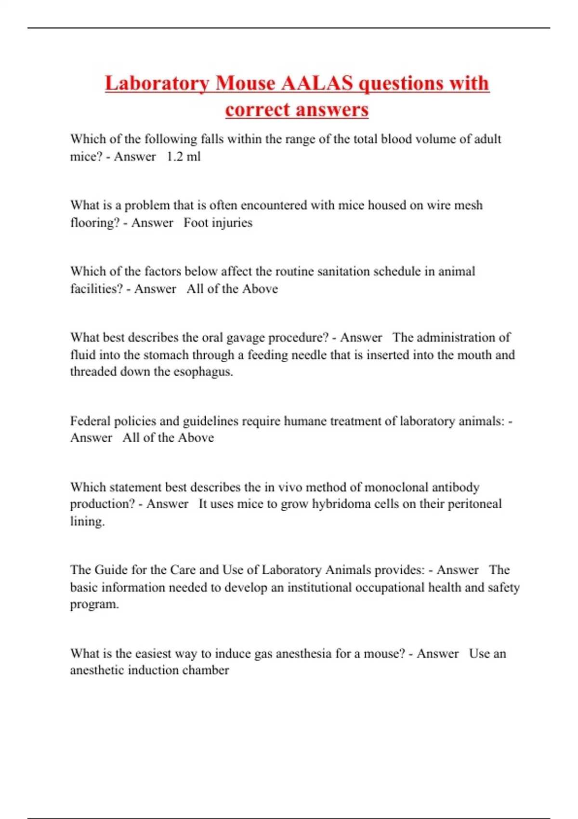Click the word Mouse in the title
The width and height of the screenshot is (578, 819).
coord(245,83)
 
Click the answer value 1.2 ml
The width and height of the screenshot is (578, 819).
coord(184,157)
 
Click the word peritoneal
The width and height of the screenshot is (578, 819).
coord(474,504)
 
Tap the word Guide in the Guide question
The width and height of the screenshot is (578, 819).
coord(111,570)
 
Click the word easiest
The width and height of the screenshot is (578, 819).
coord(156,654)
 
